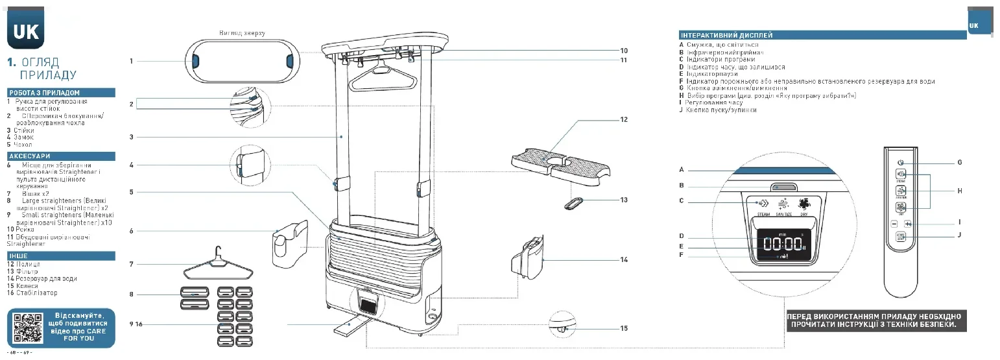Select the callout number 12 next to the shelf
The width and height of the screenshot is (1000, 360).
click(x=624, y=119)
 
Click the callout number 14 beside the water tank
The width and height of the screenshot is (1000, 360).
click(x=624, y=259)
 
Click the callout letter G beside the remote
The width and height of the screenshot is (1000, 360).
click(x=959, y=162)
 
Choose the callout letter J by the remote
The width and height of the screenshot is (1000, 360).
click(x=959, y=235)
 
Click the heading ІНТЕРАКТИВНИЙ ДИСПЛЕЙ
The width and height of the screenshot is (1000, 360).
click(x=726, y=35)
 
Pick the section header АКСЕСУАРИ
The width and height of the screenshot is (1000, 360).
click(x=29, y=156)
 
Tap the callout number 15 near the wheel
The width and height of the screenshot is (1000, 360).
click(x=624, y=328)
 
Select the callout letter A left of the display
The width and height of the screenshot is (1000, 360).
click(x=682, y=169)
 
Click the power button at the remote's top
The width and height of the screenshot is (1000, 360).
click(x=901, y=162)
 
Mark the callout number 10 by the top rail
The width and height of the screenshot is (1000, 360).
click(x=624, y=51)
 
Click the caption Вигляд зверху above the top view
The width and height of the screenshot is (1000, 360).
click(x=243, y=32)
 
